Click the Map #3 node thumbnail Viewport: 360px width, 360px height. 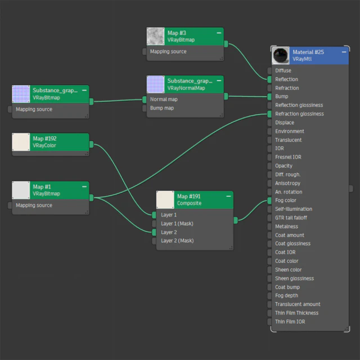click(x=155, y=36)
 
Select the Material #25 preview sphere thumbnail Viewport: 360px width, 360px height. click(x=280, y=56)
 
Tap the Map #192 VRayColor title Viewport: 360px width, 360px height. click(x=44, y=142)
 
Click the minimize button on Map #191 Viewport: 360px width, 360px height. click(x=228, y=196)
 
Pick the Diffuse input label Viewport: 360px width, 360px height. click(x=283, y=70)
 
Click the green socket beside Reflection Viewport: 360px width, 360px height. click(x=269, y=79)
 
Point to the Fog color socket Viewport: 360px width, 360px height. click(x=269, y=201)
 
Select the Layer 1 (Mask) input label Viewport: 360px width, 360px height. click(x=177, y=223)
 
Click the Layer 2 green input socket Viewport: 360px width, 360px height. click(x=154, y=232)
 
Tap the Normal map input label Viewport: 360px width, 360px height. click(x=164, y=99)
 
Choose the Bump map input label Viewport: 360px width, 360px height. click(x=162, y=108)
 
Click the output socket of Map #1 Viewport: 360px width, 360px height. click(x=91, y=197)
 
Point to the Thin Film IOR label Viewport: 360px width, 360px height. click(x=290, y=322)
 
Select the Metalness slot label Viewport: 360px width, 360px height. click(x=286, y=226)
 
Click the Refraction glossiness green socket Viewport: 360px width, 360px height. click(x=269, y=114)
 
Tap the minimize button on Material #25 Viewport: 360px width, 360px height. click(x=344, y=52)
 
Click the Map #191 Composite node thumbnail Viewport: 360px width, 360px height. click(x=165, y=200)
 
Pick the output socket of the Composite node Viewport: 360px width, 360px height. click(x=236, y=220)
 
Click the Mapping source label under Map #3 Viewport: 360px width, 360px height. click(x=168, y=51)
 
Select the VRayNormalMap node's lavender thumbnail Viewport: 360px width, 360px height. click(x=155, y=84)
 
